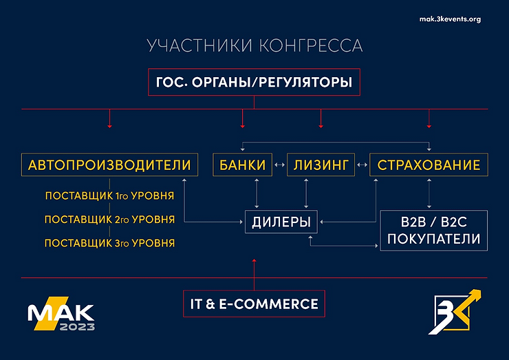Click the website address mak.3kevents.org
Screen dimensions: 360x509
tap(450, 19)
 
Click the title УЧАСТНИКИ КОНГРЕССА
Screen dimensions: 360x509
tap(254, 47)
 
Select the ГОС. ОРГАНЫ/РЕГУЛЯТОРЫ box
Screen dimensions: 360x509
tap(254, 83)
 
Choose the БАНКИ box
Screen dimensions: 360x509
tap(243, 165)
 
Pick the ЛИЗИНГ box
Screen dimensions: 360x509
tap(321, 165)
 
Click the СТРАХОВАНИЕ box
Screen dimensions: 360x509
tap(429, 165)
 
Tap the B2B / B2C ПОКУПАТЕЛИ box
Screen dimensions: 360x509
tap(434, 231)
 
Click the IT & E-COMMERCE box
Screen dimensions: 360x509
tap(254, 304)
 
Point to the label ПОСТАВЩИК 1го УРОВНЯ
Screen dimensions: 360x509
tap(109, 196)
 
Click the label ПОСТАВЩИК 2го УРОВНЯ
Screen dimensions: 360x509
tap(109, 220)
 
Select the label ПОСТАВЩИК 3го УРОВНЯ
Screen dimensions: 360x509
tap(109, 243)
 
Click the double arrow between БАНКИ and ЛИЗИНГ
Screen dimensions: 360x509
tap(279, 165)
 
